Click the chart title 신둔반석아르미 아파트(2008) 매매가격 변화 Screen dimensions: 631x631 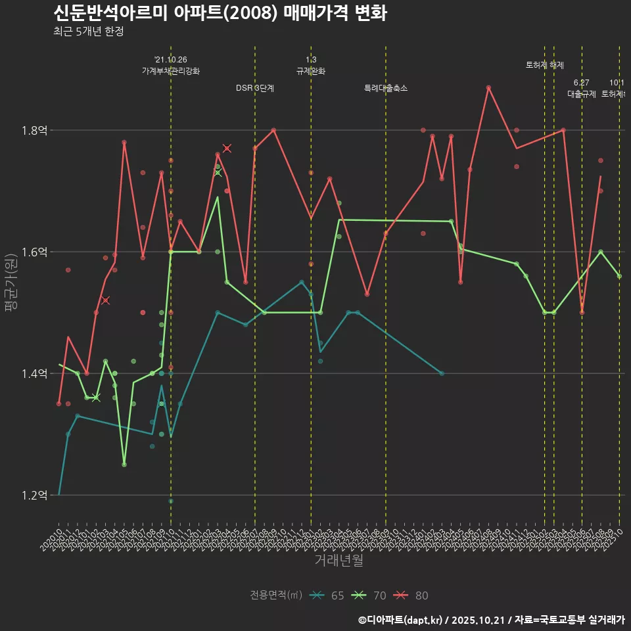click(x=220, y=13)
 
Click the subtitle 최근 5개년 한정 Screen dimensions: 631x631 click(x=88, y=32)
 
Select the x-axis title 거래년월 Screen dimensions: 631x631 click(x=339, y=561)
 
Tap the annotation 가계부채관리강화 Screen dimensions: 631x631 click(x=171, y=71)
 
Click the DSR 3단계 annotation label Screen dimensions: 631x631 click(x=255, y=88)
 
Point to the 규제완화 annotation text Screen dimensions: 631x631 click(x=311, y=71)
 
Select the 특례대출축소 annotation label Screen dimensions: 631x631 click(x=386, y=88)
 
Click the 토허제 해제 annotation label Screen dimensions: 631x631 click(x=545, y=65)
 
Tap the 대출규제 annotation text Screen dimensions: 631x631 click(x=582, y=94)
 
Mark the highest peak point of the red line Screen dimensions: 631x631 click(x=488, y=87)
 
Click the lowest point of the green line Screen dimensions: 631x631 click(x=124, y=465)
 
